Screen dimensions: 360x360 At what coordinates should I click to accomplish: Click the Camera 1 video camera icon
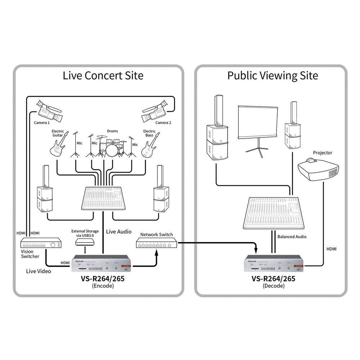pyautogui.click(x=50, y=111)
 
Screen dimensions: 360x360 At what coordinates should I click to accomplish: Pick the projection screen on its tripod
pyautogui.click(x=258, y=124)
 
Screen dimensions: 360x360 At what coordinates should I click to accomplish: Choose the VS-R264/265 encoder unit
pyautogui.click(x=103, y=265)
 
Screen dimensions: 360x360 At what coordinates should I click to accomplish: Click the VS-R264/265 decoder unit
pyautogui.click(x=274, y=265)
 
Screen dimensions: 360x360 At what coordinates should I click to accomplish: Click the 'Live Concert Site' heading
pyautogui.click(x=103, y=76)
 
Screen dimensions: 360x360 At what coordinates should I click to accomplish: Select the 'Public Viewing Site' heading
pyautogui.click(x=273, y=76)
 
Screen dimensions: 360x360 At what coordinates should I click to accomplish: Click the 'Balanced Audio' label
pyautogui.click(x=292, y=237)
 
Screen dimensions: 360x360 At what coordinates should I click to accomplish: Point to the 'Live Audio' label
pyautogui.click(x=119, y=231)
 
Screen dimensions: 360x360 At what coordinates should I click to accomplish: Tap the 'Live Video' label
pyautogui.click(x=39, y=271)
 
